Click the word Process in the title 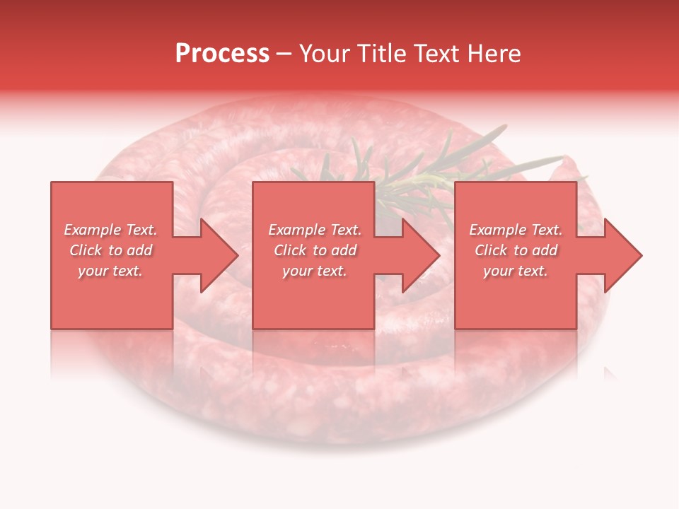[x=222, y=54]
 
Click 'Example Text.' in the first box [x=110, y=230]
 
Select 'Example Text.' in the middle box [x=315, y=230]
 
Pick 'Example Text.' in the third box [x=516, y=230]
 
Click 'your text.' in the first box [x=110, y=271]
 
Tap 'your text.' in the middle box [x=315, y=271]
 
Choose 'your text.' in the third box [x=516, y=271]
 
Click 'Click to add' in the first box [x=110, y=250]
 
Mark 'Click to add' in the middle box [x=315, y=250]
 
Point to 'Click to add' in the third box [x=516, y=250]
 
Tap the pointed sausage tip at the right [x=570, y=168]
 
